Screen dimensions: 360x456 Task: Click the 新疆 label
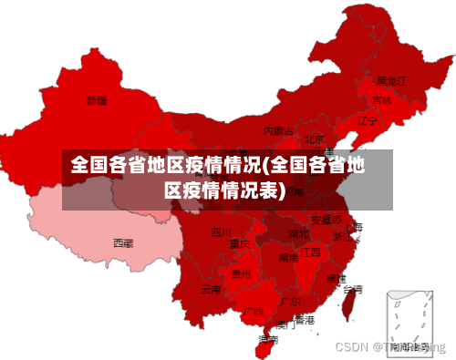[97, 99]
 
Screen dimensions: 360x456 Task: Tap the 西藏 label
[123, 242]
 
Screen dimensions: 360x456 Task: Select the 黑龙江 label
[391, 80]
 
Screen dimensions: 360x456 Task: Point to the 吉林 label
[381, 99]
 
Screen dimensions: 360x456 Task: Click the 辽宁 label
[367, 120]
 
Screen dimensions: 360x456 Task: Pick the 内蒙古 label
[279, 131]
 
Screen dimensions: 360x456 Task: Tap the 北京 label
[314, 140]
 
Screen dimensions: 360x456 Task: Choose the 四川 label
[222, 231]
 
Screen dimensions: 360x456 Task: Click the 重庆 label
[240, 243]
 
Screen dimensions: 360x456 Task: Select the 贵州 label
[241, 273]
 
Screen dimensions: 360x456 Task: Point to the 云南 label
[211, 289]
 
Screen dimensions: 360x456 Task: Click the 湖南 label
[288, 258]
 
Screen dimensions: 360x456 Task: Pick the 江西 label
[310, 252]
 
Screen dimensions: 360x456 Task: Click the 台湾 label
[352, 289]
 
